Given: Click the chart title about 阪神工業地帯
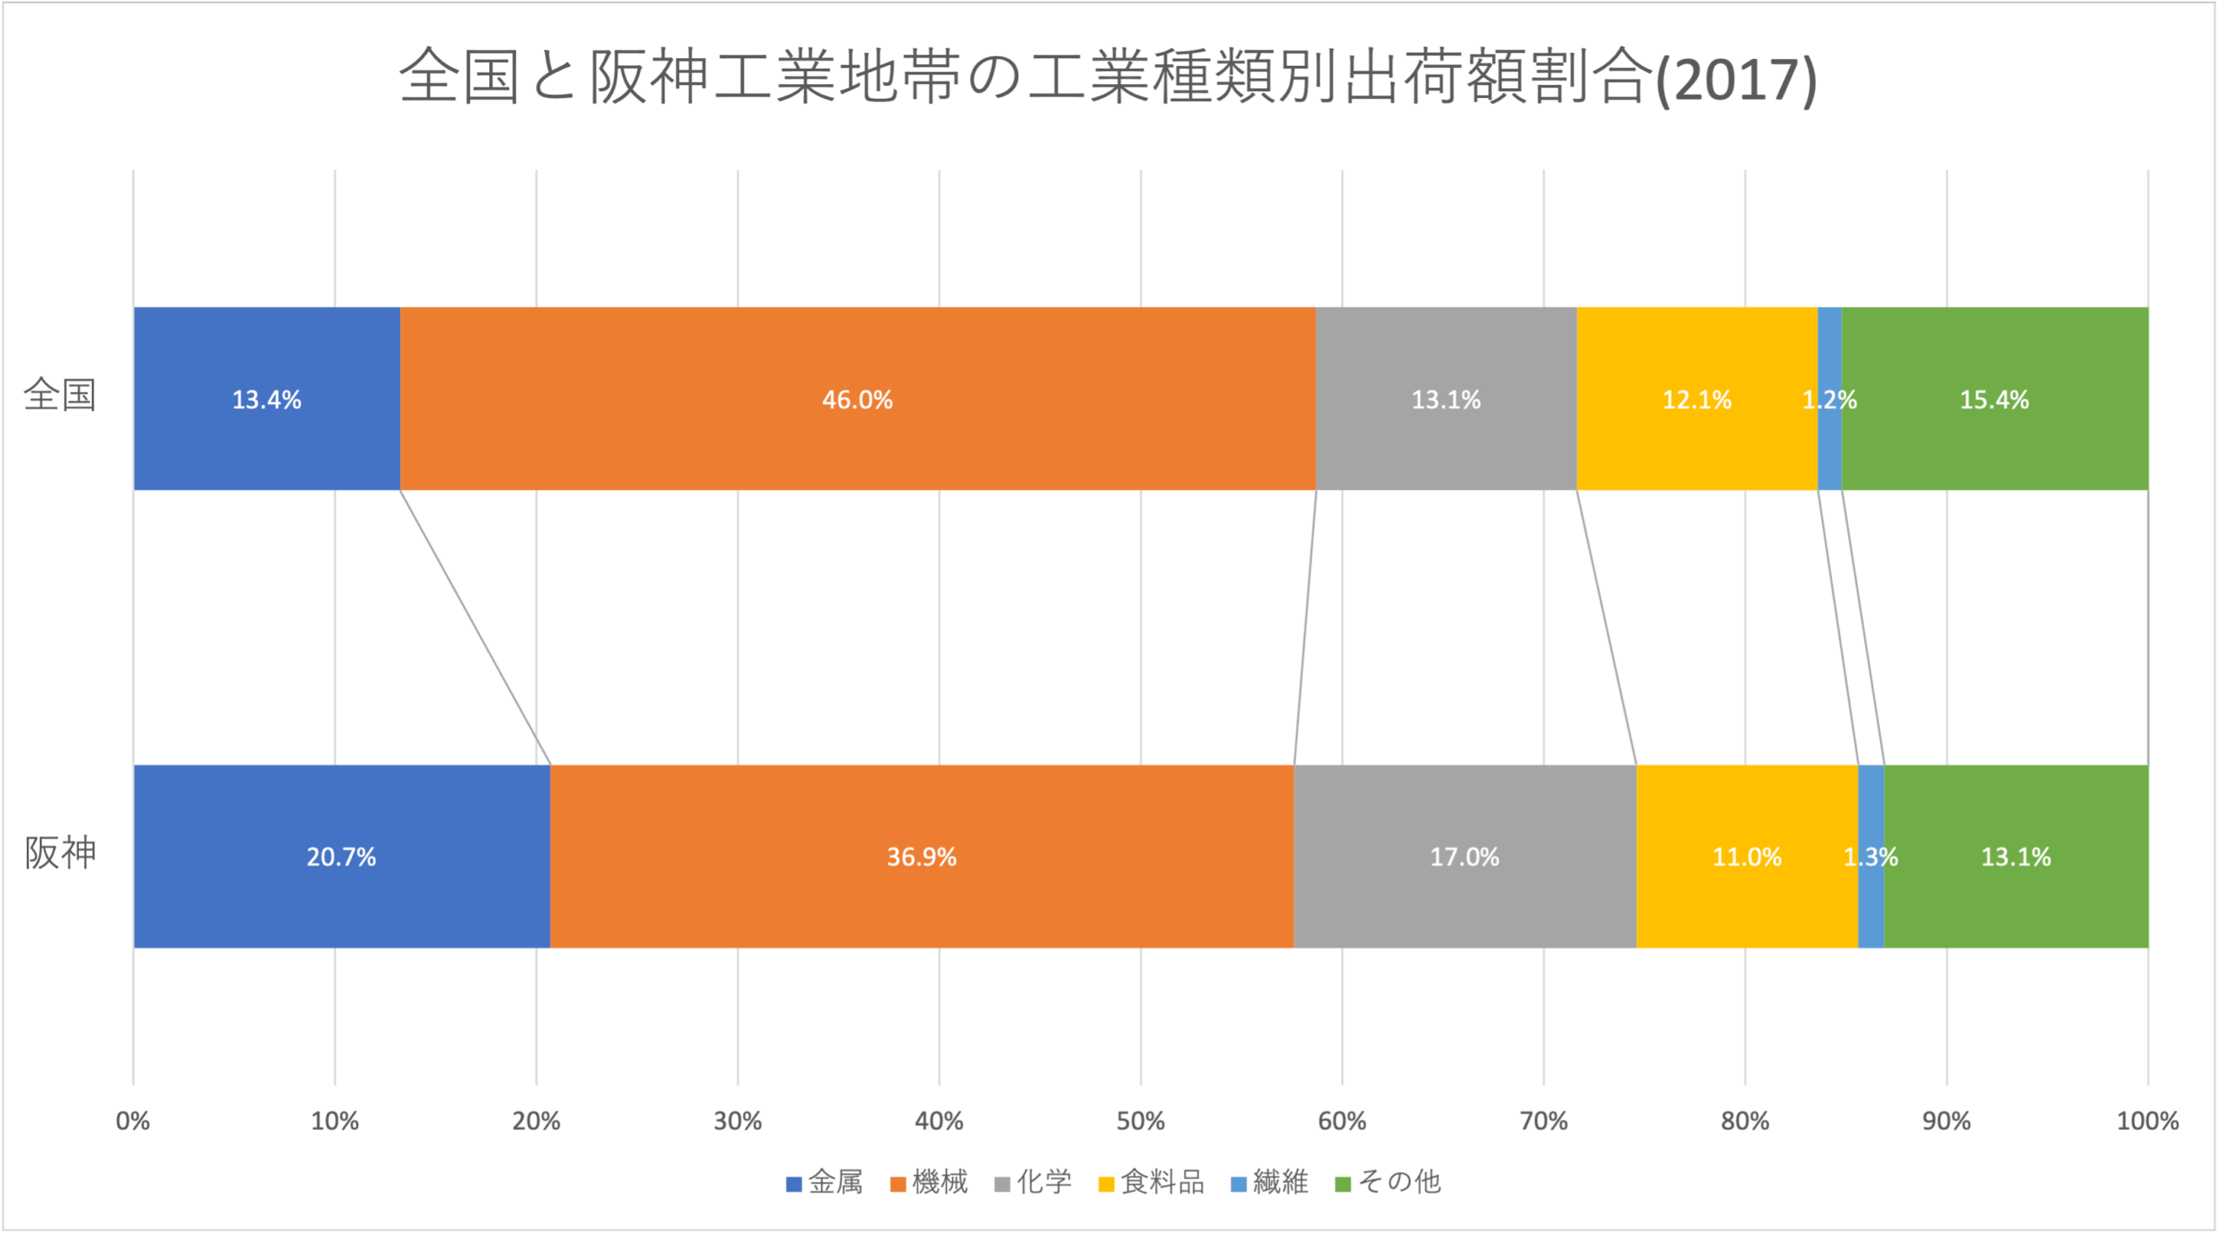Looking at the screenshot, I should (x=1107, y=78).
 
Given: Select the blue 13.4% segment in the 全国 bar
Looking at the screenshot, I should (x=266, y=399).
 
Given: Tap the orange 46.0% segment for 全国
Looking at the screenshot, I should (x=857, y=399).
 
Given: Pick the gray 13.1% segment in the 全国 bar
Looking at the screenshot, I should (x=1446, y=399).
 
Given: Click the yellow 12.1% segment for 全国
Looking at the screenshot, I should (x=1696, y=399).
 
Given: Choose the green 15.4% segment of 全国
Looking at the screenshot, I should (x=1995, y=399).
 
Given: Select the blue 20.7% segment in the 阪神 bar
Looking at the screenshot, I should (x=341, y=857).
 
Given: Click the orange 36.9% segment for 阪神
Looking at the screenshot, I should (x=921, y=857).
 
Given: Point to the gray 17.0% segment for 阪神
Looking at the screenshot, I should (x=1464, y=857).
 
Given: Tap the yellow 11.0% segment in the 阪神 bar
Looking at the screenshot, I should (x=1747, y=857).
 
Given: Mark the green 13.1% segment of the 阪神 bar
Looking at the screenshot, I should (x=2016, y=857).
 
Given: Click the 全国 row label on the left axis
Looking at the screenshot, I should (x=59, y=395).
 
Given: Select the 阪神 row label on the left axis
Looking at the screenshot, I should (x=59, y=853).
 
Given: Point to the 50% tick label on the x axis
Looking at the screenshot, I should (x=1140, y=1121).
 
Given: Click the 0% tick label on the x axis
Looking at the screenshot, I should (x=133, y=1121).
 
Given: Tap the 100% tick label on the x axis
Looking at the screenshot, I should (x=2147, y=1121).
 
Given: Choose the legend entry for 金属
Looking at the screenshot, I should (x=825, y=1182).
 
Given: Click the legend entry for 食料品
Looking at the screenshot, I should (x=1152, y=1182).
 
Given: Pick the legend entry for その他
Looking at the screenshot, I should (x=1388, y=1182).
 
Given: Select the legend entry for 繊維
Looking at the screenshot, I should (x=1270, y=1182).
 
